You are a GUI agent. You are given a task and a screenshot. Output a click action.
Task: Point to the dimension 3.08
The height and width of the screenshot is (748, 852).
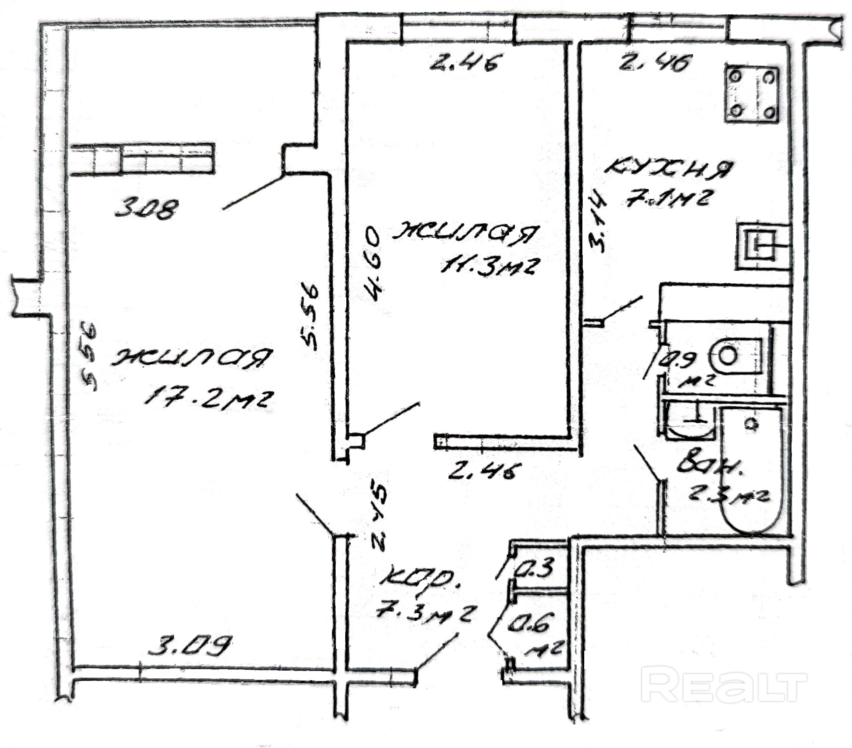point(146,208)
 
